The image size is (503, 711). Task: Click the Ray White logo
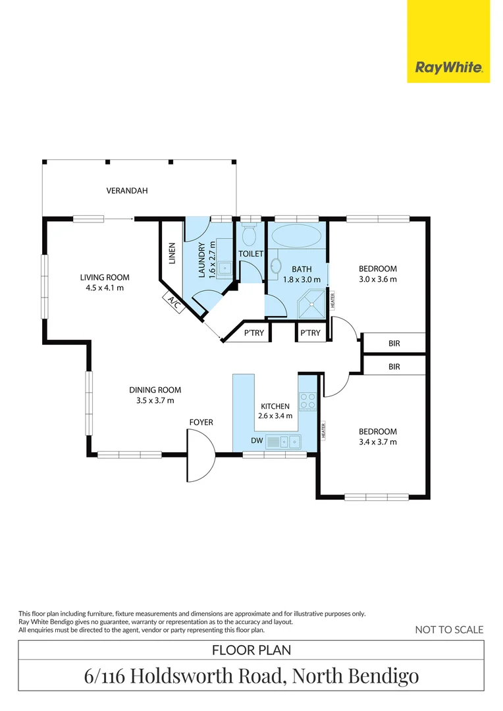(x=448, y=68)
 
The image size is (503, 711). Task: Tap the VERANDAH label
(x=127, y=191)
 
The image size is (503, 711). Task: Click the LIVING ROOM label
(x=105, y=278)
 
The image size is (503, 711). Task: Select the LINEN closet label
(x=172, y=253)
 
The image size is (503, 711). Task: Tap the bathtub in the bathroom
(x=296, y=236)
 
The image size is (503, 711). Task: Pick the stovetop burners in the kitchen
(x=307, y=401)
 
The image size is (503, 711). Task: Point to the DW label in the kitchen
(x=257, y=440)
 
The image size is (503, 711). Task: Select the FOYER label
(x=201, y=423)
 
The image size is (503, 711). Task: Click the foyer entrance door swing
(x=201, y=455)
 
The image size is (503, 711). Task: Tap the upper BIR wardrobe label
(x=394, y=344)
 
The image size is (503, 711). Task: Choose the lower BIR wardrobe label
(x=394, y=367)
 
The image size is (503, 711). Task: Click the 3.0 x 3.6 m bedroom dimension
(x=378, y=279)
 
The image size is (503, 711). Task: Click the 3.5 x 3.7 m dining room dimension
(x=155, y=400)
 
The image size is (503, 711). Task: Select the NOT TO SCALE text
(x=449, y=630)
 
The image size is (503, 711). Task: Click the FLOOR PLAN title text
(x=251, y=650)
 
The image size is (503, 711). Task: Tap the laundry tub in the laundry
(x=225, y=268)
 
